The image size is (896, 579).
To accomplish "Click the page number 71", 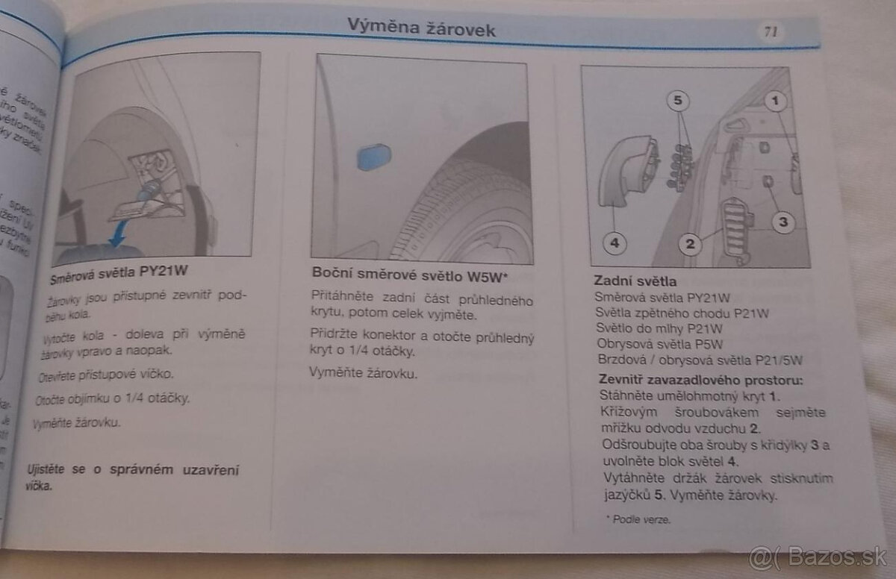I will click(x=770, y=31).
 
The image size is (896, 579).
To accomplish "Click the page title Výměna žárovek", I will click(x=421, y=27).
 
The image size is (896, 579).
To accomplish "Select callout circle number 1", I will click(x=777, y=98).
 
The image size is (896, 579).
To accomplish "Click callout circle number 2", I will click(x=690, y=243).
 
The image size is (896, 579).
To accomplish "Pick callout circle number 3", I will click(x=782, y=222).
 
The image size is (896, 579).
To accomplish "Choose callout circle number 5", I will click(x=676, y=98).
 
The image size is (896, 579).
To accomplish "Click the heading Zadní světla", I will click(x=635, y=281).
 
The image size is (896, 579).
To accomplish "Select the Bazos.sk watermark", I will click(x=818, y=556).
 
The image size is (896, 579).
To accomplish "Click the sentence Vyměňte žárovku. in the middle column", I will click(x=364, y=372).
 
